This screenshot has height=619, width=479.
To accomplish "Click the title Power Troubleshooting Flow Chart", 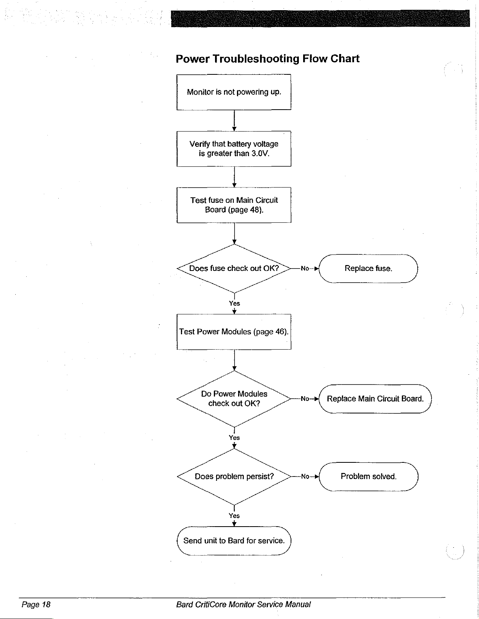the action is tap(267, 59).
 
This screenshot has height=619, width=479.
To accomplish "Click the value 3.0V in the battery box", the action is tap(260, 153).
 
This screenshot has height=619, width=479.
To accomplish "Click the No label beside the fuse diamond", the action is tap(305, 268).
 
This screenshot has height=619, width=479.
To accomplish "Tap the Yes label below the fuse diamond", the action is tap(234, 303).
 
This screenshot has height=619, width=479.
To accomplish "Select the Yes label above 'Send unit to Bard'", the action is tap(234, 516).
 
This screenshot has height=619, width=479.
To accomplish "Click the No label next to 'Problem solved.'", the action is tap(305, 476).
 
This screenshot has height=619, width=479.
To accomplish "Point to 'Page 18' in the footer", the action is tap(36, 605).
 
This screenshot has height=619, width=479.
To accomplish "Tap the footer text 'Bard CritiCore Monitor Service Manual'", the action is tap(243, 605).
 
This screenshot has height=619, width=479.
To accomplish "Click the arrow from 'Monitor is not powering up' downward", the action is tap(234, 121).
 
